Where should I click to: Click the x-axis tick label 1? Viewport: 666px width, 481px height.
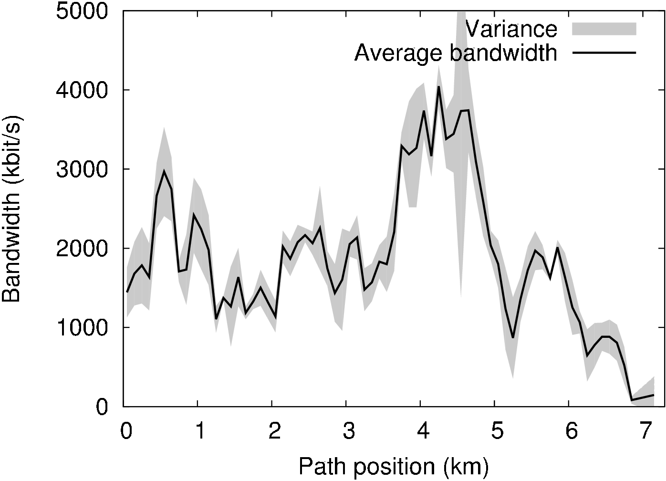(x=200, y=432)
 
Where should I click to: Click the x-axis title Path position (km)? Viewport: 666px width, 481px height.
(x=394, y=467)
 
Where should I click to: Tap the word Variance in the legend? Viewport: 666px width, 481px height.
(x=511, y=29)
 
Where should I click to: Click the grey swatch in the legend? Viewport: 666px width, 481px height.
(x=604, y=29)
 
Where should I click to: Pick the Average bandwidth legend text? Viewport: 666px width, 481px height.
(x=456, y=53)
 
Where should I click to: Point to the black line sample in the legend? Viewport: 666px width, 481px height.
(x=604, y=52)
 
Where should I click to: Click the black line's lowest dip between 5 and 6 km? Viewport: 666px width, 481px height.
(x=513, y=337)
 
